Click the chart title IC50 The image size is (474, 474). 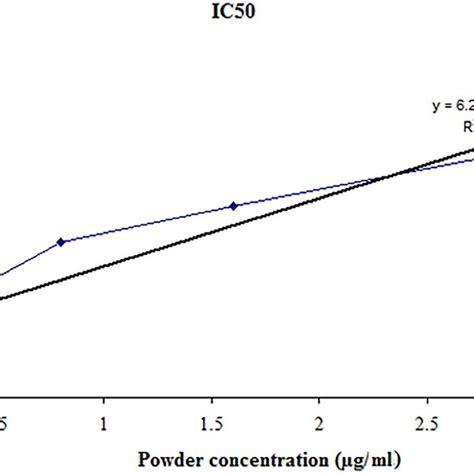[236, 16]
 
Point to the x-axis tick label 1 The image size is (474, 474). [103, 423]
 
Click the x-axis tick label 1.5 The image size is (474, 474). [211, 423]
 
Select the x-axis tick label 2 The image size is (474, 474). [319, 423]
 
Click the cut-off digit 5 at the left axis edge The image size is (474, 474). [3, 423]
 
